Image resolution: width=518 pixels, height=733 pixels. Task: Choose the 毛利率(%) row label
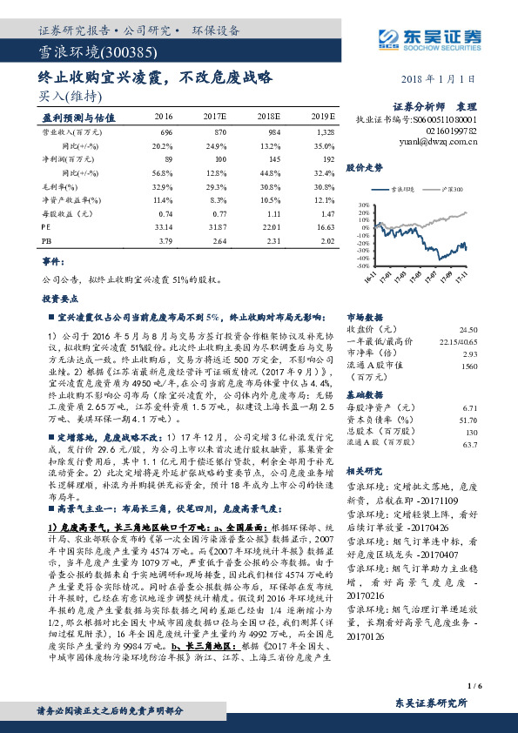point(58,185)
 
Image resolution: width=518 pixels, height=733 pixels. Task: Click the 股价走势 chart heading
point(365,165)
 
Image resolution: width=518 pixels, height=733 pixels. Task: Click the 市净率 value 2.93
point(471,353)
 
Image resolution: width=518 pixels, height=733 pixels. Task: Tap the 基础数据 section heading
point(364,393)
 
